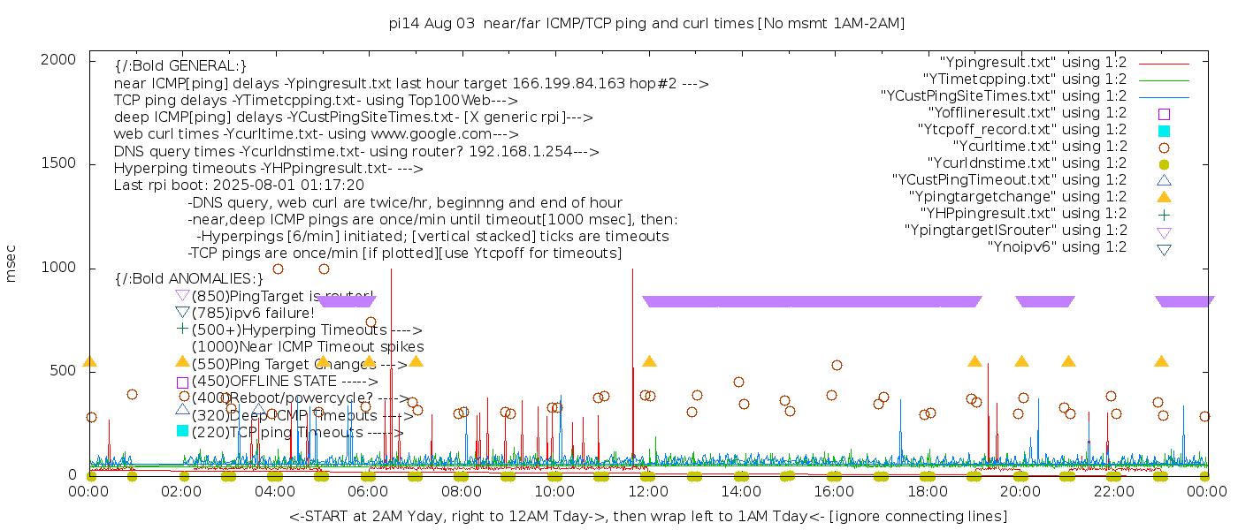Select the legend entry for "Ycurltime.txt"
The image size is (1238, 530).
tap(1039, 147)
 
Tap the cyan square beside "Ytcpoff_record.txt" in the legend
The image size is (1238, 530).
tap(1164, 130)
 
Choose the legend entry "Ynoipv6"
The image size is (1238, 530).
tap(1057, 247)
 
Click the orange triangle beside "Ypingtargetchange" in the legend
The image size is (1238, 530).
tap(1164, 196)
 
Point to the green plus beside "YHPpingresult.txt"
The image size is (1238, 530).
tap(1164, 214)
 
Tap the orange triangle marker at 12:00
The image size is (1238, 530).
tap(649, 361)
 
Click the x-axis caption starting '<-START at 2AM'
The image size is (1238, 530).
tap(647, 516)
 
